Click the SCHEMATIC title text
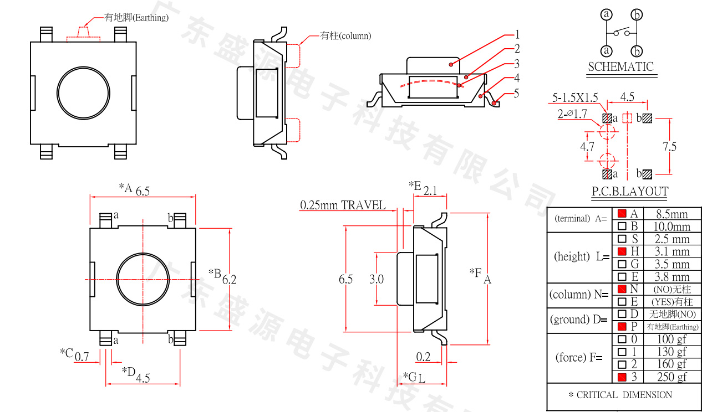point(620,67)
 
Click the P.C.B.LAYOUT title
point(629,192)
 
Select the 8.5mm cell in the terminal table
point(672,214)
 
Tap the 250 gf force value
point(672,377)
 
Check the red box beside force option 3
point(622,377)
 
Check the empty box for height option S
point(622,239)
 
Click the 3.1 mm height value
point(672,252)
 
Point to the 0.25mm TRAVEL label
point(343,205)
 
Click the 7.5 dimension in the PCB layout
point(669,147)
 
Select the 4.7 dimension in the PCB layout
point(587,147)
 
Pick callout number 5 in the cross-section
point(516,92)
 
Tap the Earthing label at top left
point(136,18)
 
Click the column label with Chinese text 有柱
point(346,36)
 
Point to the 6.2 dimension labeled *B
point(229,280)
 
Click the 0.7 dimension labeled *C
point(82,357)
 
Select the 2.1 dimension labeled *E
point(430,191)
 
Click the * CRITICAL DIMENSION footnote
point(620,395)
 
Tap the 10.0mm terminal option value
point(673,226)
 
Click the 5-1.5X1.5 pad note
point(575,98)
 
